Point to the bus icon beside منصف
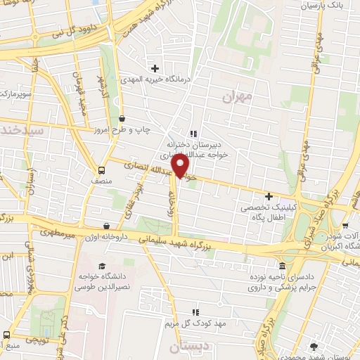[101, 170]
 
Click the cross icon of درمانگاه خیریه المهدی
[155, 68]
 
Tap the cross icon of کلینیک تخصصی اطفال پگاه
[268, 196]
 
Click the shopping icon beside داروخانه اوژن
[106, 226]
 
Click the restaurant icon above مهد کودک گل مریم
[197, 311]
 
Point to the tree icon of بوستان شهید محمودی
[314, 345]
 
